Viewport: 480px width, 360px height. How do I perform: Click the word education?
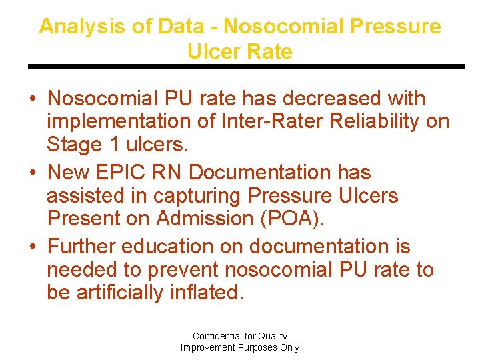pyautogui.click(x=167, y=246)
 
